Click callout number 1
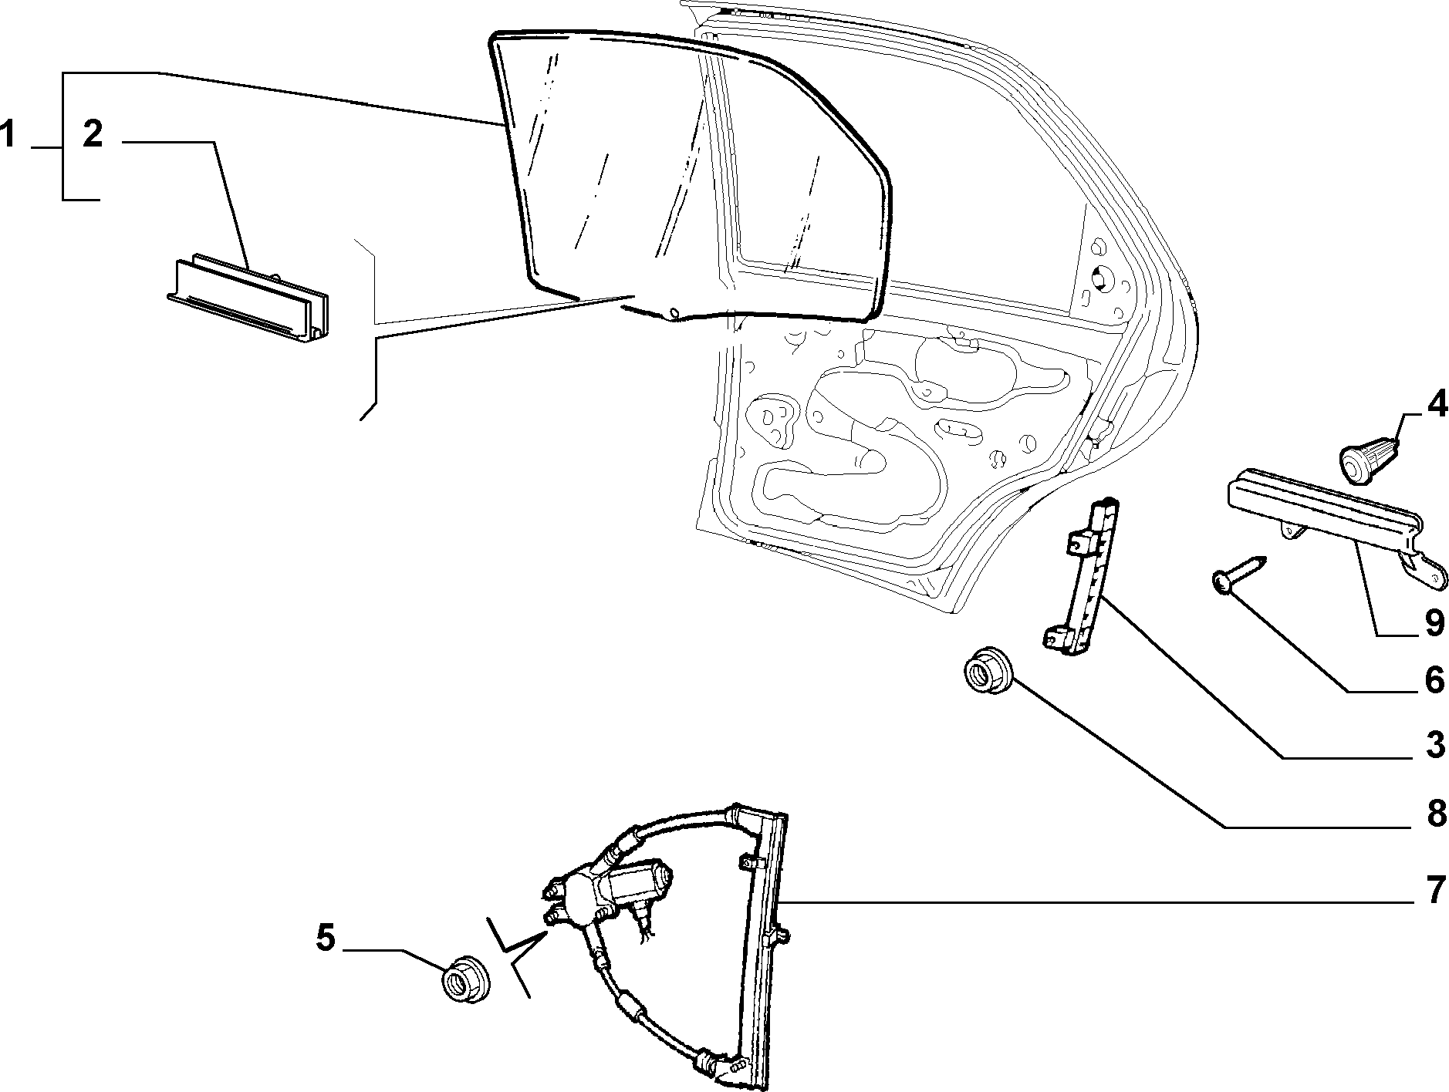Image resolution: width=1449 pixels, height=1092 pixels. (x=8, y=134)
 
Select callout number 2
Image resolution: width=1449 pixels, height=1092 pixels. (x=92, y=134)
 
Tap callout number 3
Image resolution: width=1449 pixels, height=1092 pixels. (x=1434, y=746)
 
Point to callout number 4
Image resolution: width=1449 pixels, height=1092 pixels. (x=1435, y=406)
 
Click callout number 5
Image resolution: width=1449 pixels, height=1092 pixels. (x=326, y=938)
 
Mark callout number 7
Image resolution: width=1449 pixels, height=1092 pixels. (x=1435, y=891)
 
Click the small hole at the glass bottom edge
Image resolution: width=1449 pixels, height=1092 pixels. (x=673, y=312)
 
